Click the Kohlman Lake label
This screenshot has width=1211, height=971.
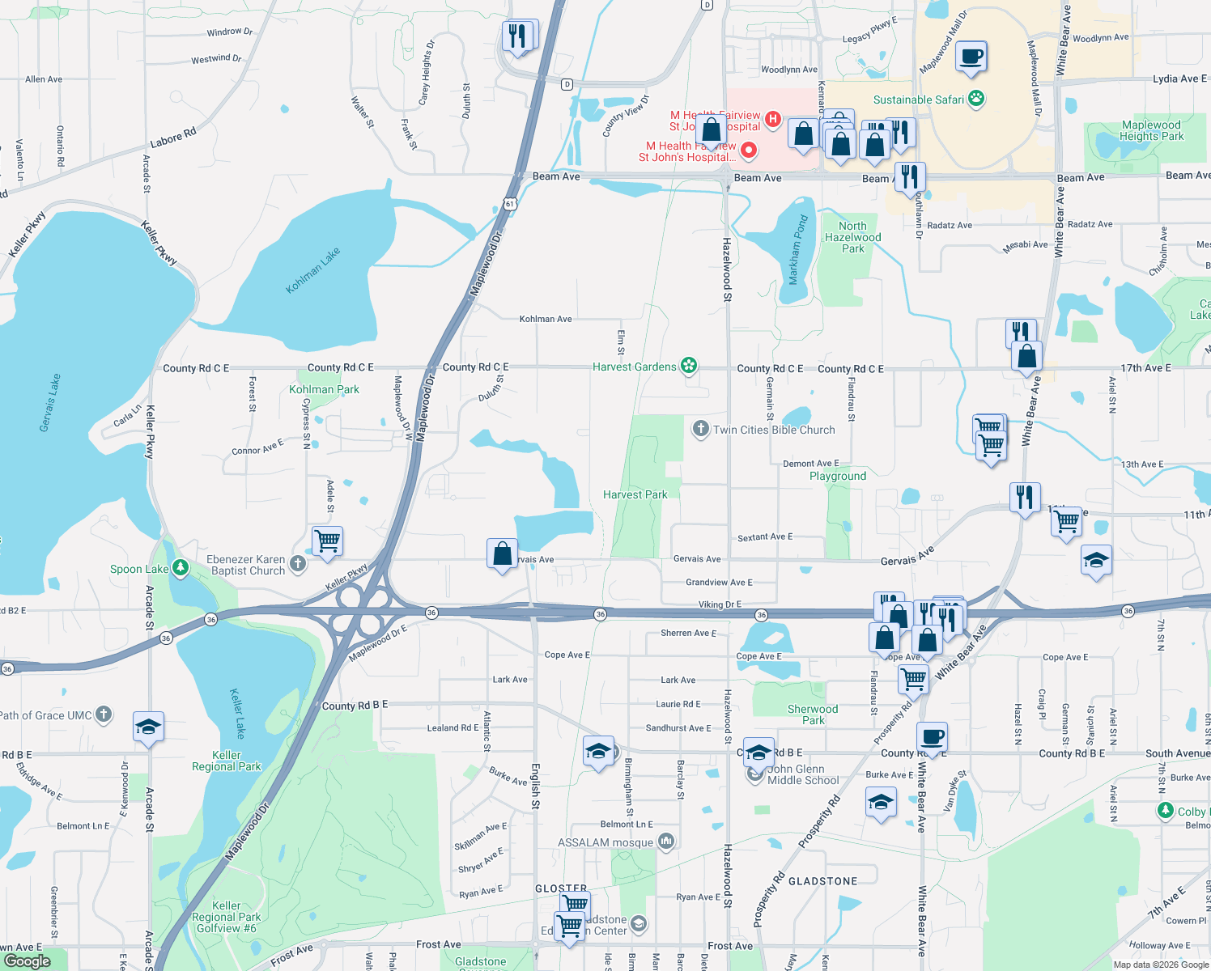(x=313, y=271)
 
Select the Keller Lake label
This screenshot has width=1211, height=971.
(x=236, y=713)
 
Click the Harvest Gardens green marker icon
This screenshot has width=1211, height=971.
(x=689, y=367)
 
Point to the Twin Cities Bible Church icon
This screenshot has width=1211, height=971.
(x=700, y=430)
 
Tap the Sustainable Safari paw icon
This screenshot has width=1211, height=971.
(x=976, y=100)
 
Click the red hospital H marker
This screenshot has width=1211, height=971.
(x=772, y=120)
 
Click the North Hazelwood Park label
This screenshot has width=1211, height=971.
(x=852, y=237)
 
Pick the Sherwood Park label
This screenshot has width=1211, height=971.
(x=813, y=714)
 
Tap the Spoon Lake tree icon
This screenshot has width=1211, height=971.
(x=180, y=568)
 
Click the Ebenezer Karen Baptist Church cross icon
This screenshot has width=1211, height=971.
(x=298, y=564)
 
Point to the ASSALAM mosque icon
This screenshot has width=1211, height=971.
(x=666, y=842)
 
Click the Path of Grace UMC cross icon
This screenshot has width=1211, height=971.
(x=104, y=714)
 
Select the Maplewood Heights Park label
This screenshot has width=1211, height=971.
(x=1151, y=130)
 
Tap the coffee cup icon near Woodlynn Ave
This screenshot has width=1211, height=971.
(x=971, y=57)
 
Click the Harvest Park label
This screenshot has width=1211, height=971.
(x=635, y=494)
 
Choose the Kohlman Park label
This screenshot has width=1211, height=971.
(x=324, y=389)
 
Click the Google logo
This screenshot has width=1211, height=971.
(x=28, y=960)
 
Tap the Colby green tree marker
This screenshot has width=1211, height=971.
(x=1165, y=811)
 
